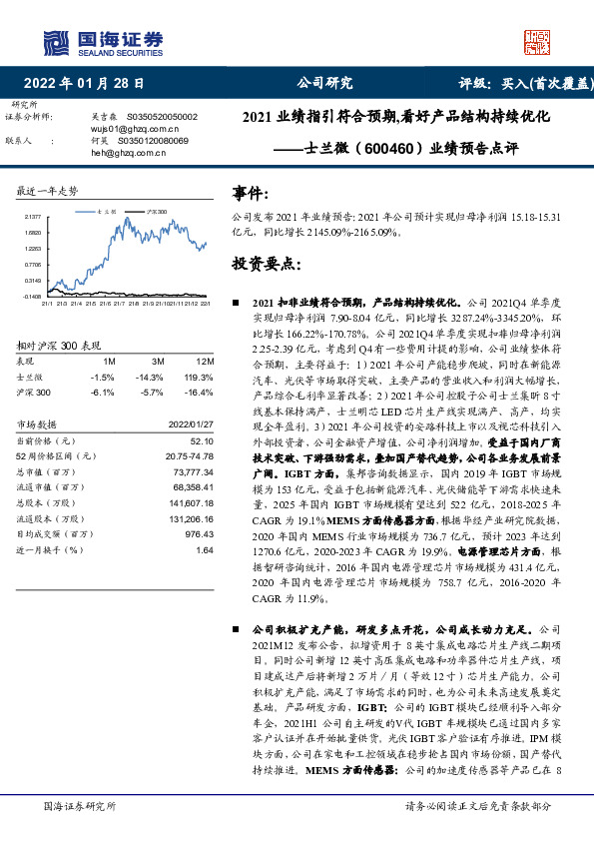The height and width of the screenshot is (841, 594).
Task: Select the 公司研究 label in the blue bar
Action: click(x=324, y=84)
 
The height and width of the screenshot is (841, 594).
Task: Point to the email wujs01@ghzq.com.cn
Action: click(x=134, y=129)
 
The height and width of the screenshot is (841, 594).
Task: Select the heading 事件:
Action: click(x=250, y=193)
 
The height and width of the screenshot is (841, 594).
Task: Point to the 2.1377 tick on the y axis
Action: click(x=33, y=216)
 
